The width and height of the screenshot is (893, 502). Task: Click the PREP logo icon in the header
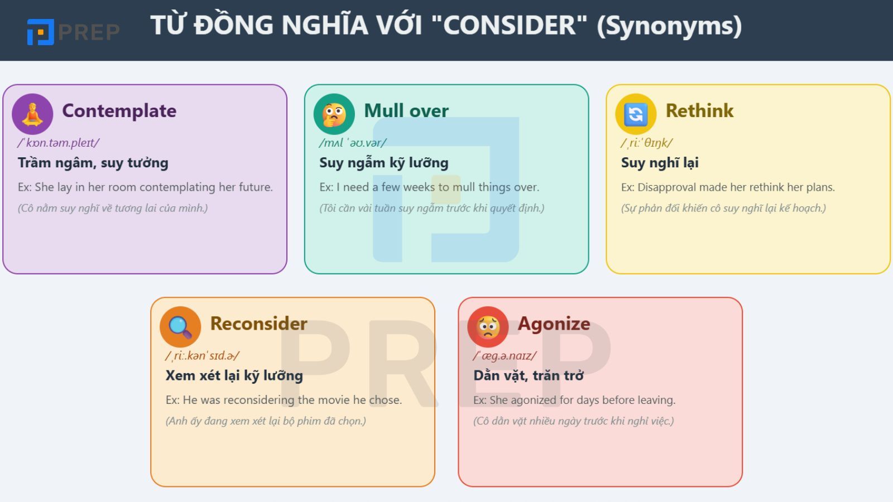(x=40, y=32)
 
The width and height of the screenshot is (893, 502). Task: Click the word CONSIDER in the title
(x=510, y=26)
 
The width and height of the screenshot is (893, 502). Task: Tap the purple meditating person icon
(x=32, y=114)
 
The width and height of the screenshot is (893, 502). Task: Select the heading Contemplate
(x=119, y=110)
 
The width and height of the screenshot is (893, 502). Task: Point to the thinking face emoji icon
(x=334, y=114)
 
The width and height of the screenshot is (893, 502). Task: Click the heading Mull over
(x=406, y=110)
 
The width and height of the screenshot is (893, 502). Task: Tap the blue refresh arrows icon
(x=635, y=114)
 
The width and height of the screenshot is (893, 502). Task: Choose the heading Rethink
(x=699, y=110)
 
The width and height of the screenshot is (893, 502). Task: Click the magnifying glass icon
(x=180, y=327)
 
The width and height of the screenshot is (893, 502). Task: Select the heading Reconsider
(x=258, y=324)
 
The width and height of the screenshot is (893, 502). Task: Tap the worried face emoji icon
(x=488, y=327)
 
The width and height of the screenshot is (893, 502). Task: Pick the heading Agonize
(x=554, y=324)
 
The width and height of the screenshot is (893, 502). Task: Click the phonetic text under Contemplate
(x=59, y=143)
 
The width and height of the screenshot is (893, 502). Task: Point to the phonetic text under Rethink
(x=647, y=143)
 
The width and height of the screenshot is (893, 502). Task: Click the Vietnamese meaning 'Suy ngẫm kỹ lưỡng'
(x=383, y=163)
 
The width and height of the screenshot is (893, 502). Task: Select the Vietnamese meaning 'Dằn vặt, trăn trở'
(x=528, y=375)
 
